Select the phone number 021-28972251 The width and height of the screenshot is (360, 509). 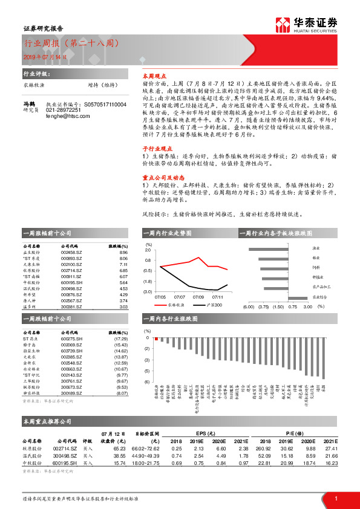click(x=64, y=110)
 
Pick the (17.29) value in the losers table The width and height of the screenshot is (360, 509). click(x=119, y=340)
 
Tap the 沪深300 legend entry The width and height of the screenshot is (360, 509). click(x=212, y=305)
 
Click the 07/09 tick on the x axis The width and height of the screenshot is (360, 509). click(x=198, y=297)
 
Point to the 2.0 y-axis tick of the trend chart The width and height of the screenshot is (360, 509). click(x=149, y=250)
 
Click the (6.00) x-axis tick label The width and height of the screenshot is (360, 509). click(x=248, y=306)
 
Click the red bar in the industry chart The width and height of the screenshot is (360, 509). click(x=156, y=339)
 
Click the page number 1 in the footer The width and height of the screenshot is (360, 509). click(x=335, y=498)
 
